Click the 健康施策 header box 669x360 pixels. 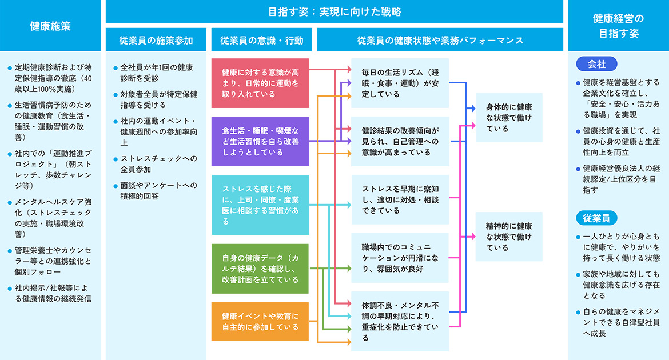pos(50,26)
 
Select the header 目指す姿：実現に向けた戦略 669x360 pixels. pos(334,11)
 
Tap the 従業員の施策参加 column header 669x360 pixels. pos(156,41)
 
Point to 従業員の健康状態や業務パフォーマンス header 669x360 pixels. pos(440,41)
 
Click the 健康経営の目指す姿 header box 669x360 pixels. pos(618,26)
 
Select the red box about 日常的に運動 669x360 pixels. pos(260,83)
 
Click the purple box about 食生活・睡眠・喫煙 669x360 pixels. pos(260,141)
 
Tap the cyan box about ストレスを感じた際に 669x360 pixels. pos(260,205)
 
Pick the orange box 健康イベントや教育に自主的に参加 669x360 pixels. pos(260,322)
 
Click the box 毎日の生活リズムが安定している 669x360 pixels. pos(400,83)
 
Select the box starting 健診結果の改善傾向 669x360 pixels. pos(400,141)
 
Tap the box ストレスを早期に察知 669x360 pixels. pos(400,199)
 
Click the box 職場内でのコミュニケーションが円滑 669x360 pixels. pos(400,258)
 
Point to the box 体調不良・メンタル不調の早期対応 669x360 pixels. pos(400,321)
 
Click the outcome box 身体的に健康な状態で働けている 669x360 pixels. pos(509,118)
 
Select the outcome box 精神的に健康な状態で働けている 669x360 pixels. pos(509,237)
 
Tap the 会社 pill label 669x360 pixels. pos(596,65)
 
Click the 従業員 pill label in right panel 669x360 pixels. pos(596,218)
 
